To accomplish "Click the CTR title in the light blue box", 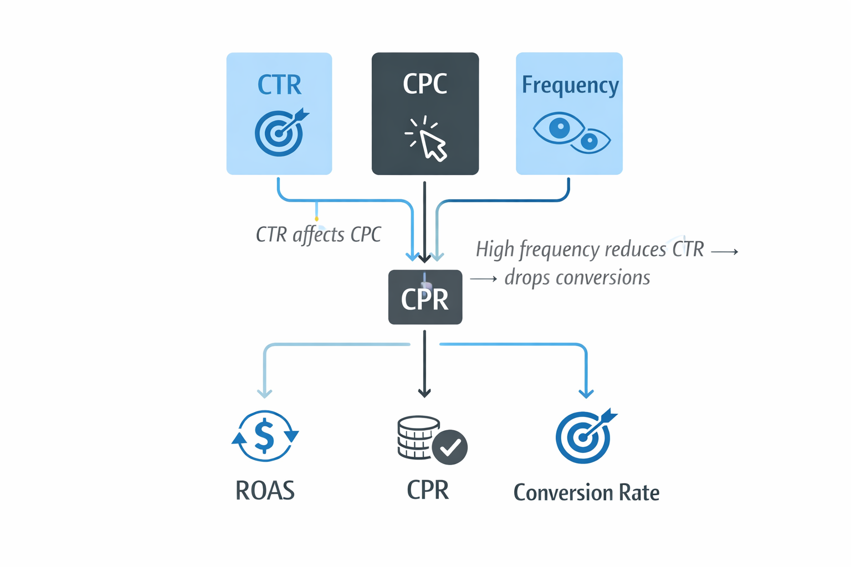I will (x=279, y=85).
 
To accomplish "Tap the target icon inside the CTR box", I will (x=279, y=133).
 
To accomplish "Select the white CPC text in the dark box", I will (x=425, y=84).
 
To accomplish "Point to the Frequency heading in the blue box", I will (x=570, y=85).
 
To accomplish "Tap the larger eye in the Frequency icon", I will (x=558, y=128).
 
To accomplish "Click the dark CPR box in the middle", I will (x=425, y=298).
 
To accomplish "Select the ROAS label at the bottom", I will (x=265, y=491).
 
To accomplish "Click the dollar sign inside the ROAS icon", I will (x=264, y=435).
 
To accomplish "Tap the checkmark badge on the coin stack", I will (x=450, y=447).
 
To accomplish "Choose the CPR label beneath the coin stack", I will (x=427, y=490).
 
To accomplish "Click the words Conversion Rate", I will (x=586, y=492).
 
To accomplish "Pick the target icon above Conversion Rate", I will (x=584, y=437).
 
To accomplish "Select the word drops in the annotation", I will (x=527, y=277).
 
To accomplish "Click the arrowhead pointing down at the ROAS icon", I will (x=265, y=393).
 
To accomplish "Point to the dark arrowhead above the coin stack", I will (x=424, y=393).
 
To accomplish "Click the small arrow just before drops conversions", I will (x=483, y=279).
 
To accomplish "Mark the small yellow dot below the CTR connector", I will (x=316, y=219).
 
